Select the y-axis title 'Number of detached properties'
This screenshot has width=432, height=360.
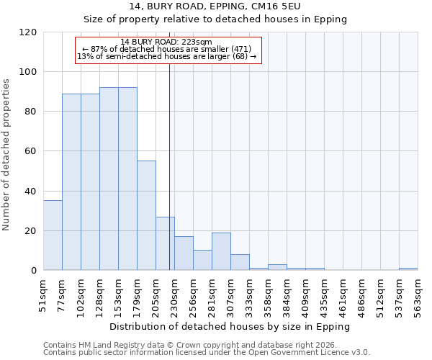[x=6, y=155]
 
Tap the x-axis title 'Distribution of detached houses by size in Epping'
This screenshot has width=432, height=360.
[x=230, y=326]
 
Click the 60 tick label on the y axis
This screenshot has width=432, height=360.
[x=31, y=152]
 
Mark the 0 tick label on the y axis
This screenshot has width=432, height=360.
[x=34, y=271]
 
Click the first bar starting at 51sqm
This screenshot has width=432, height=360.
[x=53, y=235]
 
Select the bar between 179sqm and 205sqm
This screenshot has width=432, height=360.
[x=146, y=216]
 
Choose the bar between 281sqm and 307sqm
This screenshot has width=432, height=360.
[x=221, y=251]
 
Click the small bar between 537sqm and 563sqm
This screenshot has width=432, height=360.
[x=408, y=269]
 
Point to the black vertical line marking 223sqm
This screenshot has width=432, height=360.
[x=169, y=180]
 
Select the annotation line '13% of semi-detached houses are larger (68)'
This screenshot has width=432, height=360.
[x=166, y=56]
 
